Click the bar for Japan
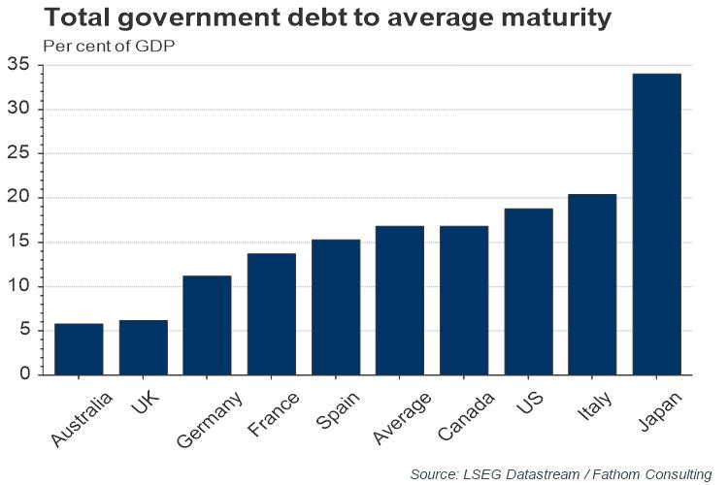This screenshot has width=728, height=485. [x=656, y=224]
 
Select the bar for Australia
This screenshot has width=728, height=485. [x=79, y=349]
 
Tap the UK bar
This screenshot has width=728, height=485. [x=143, y=347]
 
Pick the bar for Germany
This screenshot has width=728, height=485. [x=207, y=325]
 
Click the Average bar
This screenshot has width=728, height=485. [x=400, y=300]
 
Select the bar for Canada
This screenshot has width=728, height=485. [x=464, y=300]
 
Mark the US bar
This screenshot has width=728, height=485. [x=528, y=291]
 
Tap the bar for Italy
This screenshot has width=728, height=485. [x=592, y=284]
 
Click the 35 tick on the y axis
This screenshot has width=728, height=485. [x=18, y=65]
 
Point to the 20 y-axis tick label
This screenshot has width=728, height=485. [x=18, y=198]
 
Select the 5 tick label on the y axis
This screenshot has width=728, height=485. [x=23, y=331]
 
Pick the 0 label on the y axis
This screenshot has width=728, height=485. [x=23, y=374]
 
